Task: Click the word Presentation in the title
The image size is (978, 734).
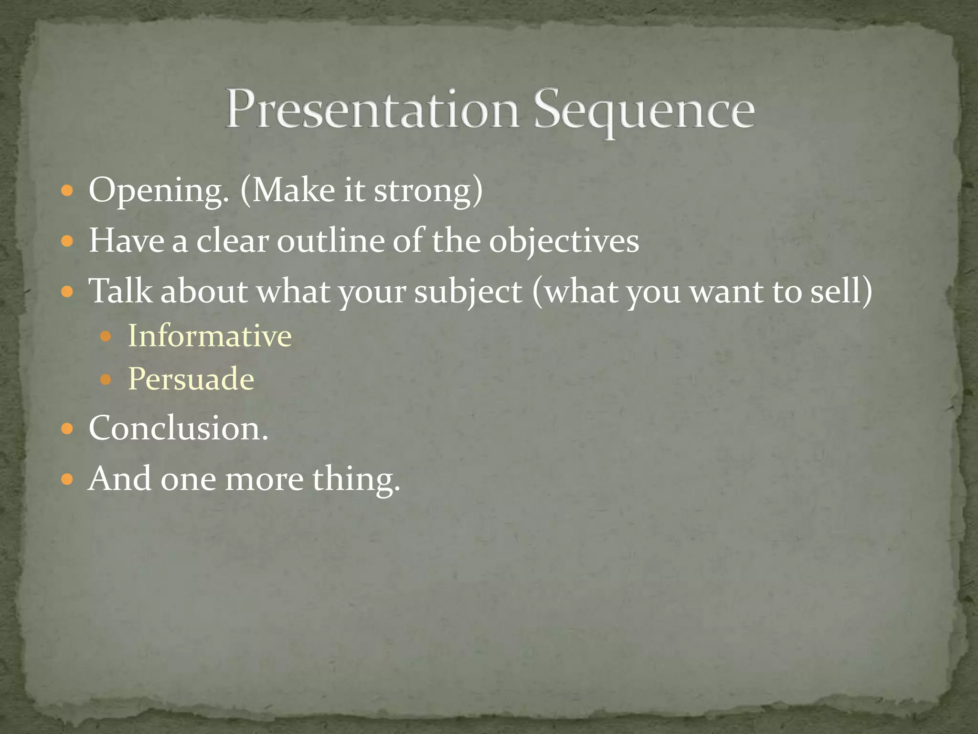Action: pos(372,109)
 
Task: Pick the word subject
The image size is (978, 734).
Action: pos(468,291)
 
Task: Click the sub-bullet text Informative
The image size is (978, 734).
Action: pos(210,335)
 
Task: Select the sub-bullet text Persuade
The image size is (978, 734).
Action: pos(191,379)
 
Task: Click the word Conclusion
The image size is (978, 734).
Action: pos(178,428)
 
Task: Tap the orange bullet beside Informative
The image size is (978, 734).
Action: pos(106,336)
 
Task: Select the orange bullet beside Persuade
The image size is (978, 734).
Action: pos(106,380)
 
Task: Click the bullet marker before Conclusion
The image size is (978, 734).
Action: pos(67,428)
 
